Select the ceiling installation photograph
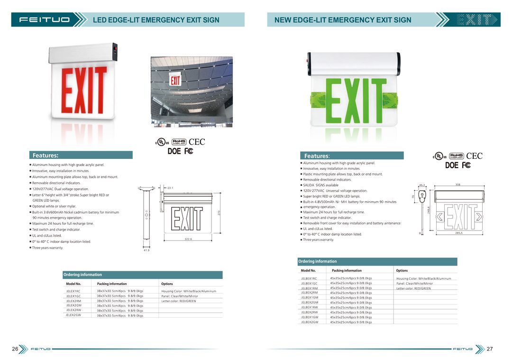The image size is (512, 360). pyautogui.click(x=192, y=92)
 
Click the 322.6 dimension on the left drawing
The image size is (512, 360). pyautogui.click(x=188, y=239)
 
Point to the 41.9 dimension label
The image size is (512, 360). pyautogui.click(x=146, y=250)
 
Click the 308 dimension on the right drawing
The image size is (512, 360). pyautogui.click(x=458, y=185)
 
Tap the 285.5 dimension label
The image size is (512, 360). pyautogui.click(x=459, y=233)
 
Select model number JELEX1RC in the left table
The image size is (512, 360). pyautogui.click(x=73, y=291)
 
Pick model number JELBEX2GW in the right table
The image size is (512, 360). pyautogui.click(x=310, y=322)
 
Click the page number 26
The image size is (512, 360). pyautogui.click(x=15, y=349)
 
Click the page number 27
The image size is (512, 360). pyautogui.click(x=490, y=349)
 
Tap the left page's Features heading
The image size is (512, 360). pyautogui.click(x=46, y=155)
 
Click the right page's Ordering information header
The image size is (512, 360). pyautogui.click(x=318, y=261)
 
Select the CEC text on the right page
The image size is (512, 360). pyautogui.click(x=474, y=156)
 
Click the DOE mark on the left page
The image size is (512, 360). pyautogui.click(x=174, y=151)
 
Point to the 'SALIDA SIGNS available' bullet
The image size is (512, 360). pyautogui.click(x=321, y=185)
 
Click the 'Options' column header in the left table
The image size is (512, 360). pyautogui.click(x=167, y=284)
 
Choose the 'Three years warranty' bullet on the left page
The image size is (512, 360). pyautogui.click(x=47, y=248)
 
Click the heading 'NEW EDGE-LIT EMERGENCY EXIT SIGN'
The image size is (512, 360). pyautogui.click(x=343, y=20)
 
